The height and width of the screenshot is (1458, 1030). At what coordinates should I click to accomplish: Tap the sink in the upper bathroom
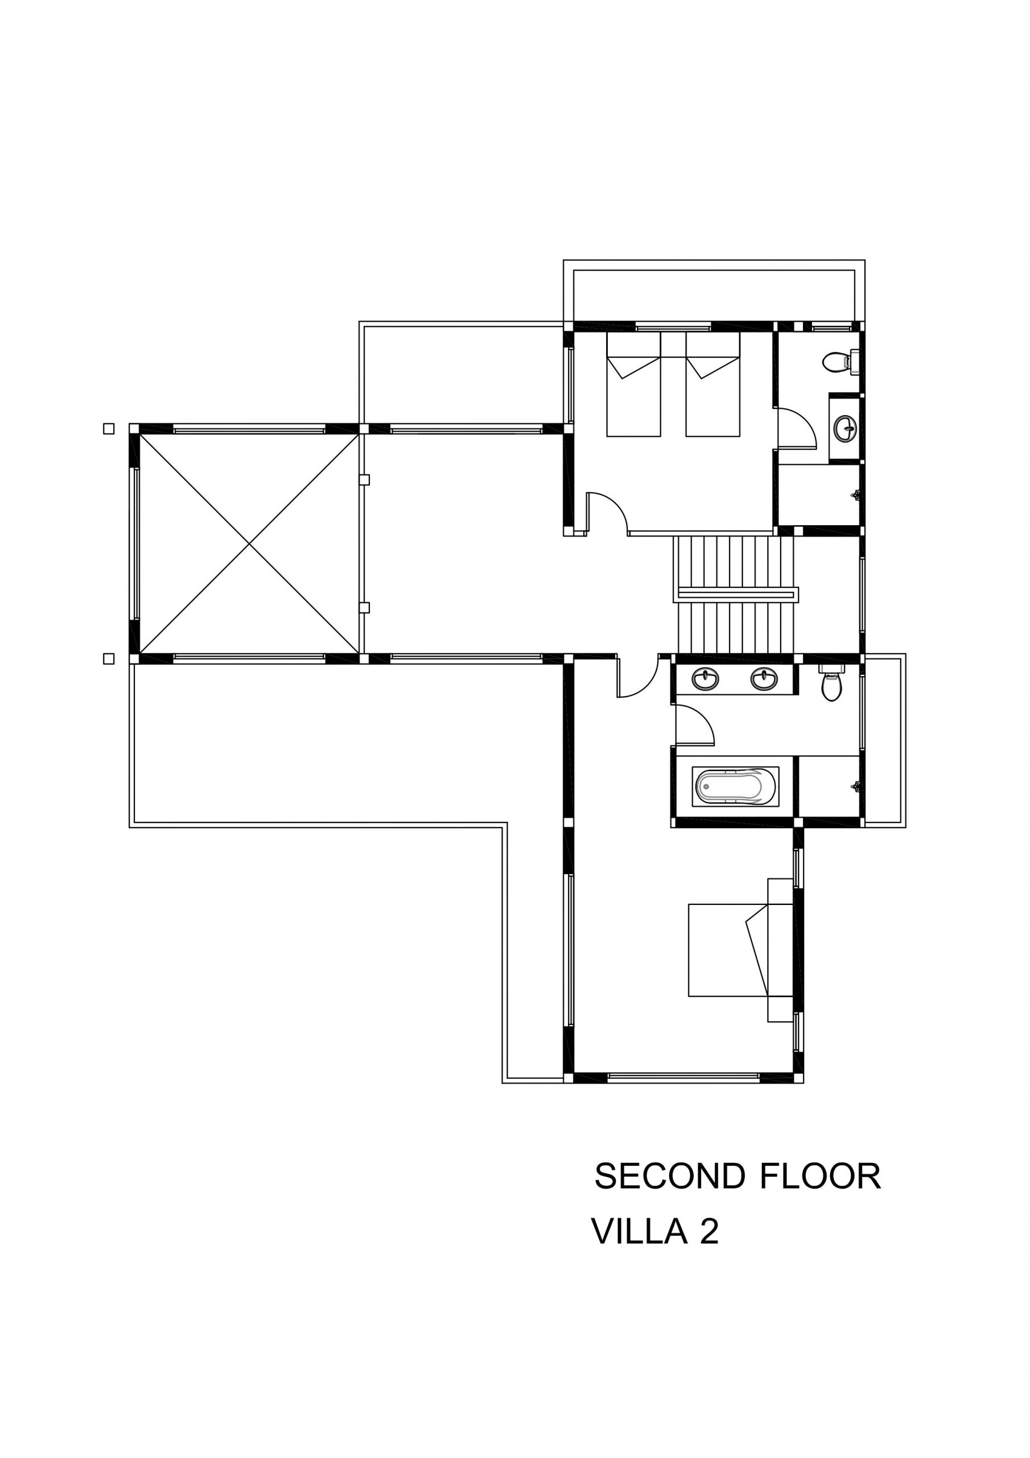844,427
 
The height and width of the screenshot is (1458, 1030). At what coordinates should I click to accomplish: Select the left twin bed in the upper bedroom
633,384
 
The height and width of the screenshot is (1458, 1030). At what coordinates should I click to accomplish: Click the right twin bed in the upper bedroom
712,384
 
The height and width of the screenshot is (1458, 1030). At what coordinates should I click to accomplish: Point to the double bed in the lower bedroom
740,951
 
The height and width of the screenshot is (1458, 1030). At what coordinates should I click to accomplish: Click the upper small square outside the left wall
109,429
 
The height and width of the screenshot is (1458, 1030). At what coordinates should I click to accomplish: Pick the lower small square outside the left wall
109,658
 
